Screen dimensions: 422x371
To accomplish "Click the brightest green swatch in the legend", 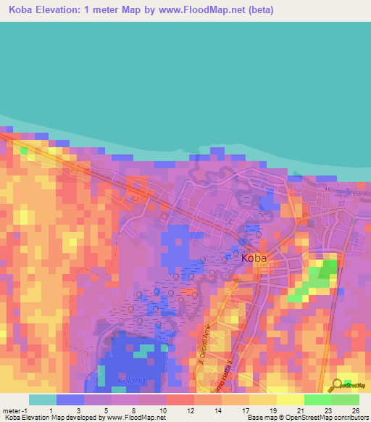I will click(318, 400).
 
